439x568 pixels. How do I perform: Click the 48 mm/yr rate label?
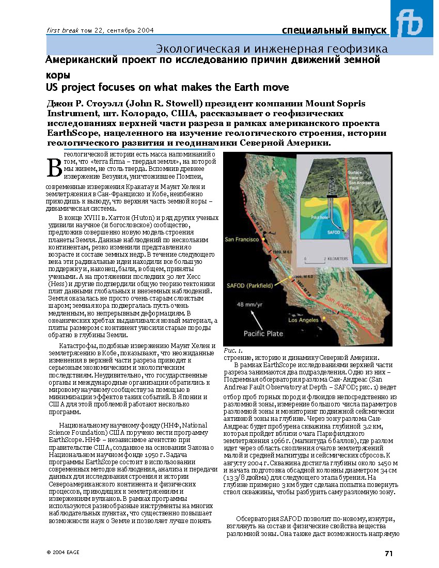248,305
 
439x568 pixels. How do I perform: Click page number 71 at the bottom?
388,554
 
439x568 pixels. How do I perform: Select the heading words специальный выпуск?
334,30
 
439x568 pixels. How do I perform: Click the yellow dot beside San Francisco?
263,240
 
